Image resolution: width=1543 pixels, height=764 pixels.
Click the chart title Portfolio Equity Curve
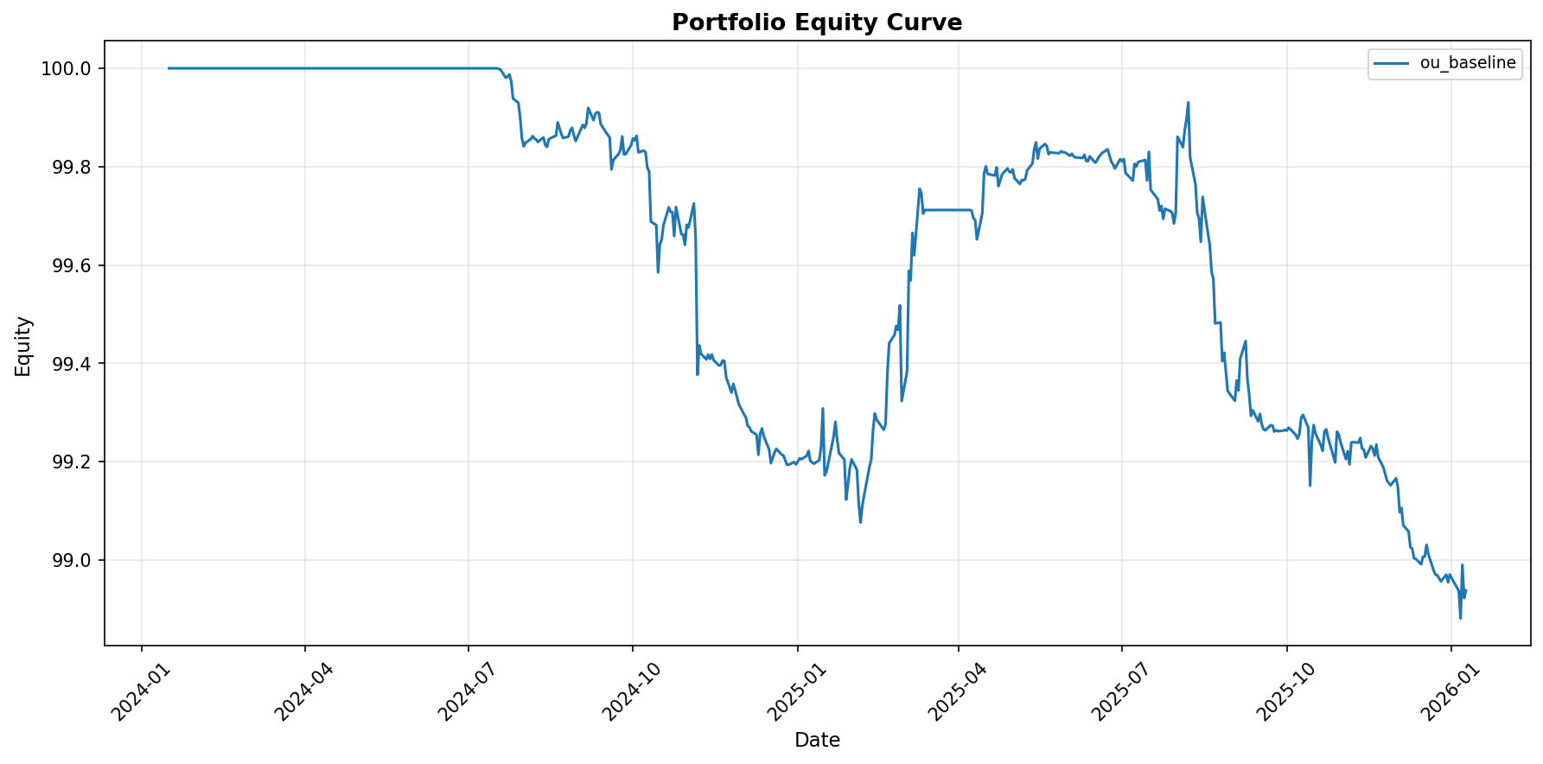pos(817,22)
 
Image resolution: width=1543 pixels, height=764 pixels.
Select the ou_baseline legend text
pos(1468,63)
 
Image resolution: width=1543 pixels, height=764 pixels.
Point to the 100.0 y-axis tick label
pos(67,68)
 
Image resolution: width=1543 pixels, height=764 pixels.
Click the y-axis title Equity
pos(23,346)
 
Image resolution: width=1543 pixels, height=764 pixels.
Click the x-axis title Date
pos(817,741)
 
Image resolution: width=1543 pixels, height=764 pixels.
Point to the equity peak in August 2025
pos(1188,103)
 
